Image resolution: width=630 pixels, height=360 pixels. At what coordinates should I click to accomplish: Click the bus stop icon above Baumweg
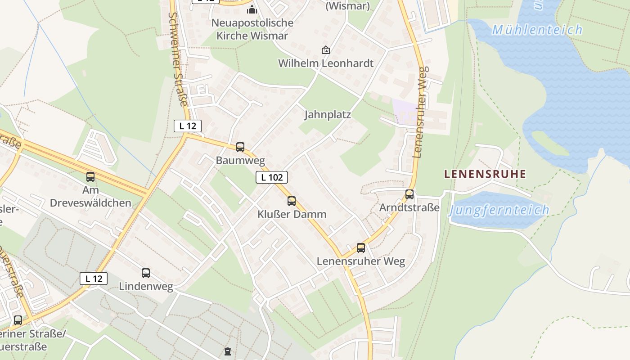(240, 147)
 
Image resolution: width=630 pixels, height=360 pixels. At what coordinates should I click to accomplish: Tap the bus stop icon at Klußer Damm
(292, 201)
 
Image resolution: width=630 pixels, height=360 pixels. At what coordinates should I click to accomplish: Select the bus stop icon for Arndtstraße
(409, 194)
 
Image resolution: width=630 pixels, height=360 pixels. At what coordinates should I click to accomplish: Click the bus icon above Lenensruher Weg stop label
(361, 247)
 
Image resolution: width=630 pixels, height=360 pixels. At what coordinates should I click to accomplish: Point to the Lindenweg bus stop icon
(146, 273)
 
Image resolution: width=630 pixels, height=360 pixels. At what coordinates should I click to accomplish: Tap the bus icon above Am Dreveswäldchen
(90, 177)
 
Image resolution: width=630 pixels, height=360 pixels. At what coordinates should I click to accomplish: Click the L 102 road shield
(272, 177)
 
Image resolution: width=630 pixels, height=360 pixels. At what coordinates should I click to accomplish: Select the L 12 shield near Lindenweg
(94, 279)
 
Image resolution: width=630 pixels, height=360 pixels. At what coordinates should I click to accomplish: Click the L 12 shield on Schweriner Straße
(188, 126)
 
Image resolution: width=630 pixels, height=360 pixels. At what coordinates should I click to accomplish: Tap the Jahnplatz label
(327, 114)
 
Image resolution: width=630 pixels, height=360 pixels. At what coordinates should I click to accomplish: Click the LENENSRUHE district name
(485, 174)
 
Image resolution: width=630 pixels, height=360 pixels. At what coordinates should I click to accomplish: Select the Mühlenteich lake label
(537, 30)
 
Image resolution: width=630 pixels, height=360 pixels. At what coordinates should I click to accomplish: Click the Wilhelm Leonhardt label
(326, 63)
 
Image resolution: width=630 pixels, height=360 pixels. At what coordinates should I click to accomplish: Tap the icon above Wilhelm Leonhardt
(325, 50)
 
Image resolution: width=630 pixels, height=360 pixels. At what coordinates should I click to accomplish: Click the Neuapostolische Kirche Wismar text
(252, 29)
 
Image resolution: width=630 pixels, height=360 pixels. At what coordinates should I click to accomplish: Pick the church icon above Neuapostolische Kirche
(252, 9)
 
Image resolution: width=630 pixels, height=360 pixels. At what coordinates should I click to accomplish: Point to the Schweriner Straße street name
(178, 58)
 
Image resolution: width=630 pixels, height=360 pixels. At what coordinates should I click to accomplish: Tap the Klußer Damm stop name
(292, 214)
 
